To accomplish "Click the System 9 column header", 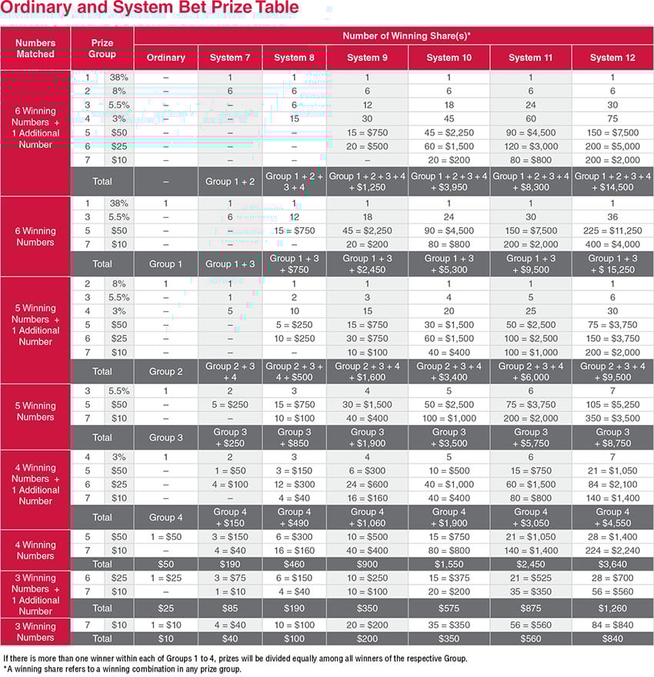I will coord(367,58).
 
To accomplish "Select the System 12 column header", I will coord(612,58).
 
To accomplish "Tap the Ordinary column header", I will coord(165,58).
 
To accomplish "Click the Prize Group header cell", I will coord(102,49).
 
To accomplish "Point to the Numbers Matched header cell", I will coord(35,49).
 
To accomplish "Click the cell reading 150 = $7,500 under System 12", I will coord(612,132).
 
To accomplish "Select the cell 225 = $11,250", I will coord(612,230).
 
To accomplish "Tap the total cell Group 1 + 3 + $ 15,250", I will coord(612,264).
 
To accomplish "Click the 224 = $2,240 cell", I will coord(612,551).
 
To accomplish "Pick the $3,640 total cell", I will coord(612,565).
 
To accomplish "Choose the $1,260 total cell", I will coord(612,608).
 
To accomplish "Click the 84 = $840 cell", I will coord(612,625).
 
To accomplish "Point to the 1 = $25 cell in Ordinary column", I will coord(165,578).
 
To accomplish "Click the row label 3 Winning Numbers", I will coord(35,632).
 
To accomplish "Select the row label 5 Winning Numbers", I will coord(35,411).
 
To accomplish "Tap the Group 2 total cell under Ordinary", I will coord(165,371).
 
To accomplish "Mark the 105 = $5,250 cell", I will coord(612,405).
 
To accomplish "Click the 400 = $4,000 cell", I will coord(612,244).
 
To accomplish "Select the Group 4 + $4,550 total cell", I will coord(612,517).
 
